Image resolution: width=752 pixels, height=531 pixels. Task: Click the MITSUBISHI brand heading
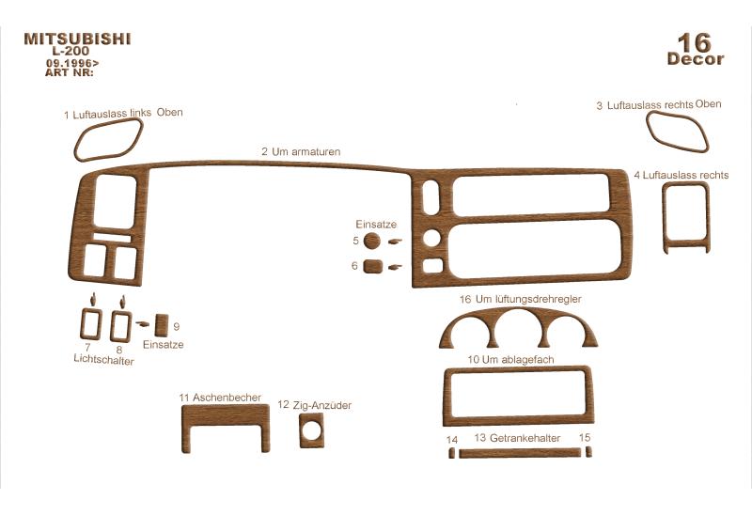77,39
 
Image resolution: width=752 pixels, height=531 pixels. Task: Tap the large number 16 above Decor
694,43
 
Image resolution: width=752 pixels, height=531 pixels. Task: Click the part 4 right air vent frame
665,216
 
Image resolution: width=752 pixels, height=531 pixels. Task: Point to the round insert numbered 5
371,241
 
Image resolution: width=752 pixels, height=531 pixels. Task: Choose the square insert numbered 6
372,266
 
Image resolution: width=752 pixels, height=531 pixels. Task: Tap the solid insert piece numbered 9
162,326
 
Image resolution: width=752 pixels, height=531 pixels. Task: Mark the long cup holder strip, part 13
520,453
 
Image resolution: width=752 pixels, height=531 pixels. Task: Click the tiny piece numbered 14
451,453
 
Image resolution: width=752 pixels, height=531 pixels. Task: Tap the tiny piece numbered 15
589,452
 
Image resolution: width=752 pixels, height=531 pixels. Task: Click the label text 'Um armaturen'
306,152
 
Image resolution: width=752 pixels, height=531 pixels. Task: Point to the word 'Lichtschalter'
103,359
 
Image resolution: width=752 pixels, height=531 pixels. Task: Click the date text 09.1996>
72,63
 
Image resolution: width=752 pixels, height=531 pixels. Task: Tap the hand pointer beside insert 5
395,242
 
